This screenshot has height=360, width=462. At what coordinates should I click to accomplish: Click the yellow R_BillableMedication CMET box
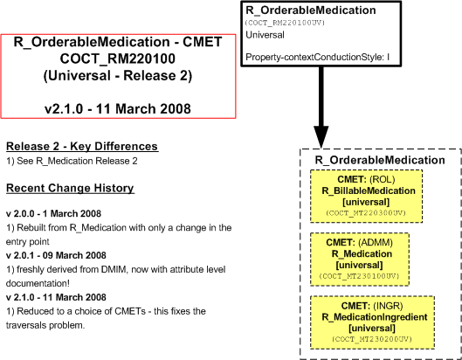click(x=366, y=196)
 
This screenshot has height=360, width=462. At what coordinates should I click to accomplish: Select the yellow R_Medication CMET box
click(x=360, y=260)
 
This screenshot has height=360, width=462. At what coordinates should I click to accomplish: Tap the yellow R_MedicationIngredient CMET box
click(x=372, y=322)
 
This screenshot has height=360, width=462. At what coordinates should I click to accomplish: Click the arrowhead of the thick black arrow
click(x=321, y=137)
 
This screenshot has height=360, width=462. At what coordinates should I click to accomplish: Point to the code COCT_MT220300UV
click(x=366, y=213)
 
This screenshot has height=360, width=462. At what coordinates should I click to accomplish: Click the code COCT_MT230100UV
click(x=360, y=276)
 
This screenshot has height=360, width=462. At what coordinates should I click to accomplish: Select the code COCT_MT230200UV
click(x=372, y=339)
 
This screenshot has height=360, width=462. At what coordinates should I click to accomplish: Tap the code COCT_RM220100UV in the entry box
click(x=285, y=23)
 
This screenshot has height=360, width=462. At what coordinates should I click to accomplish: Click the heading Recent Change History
click(x=70, y=188)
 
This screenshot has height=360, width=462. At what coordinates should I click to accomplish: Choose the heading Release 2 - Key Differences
click(x=82, y=146)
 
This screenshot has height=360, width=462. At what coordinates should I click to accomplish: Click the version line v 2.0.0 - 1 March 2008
click(x=53, y=213)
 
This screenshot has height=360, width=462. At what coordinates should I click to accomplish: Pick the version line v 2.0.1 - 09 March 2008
click(x=56, y=255)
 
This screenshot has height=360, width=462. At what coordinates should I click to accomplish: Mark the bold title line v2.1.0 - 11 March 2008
click(x=118, y=109)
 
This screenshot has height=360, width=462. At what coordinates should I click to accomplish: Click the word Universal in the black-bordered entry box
click(x=265, y=35)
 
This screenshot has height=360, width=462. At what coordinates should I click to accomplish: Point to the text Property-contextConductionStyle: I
click(x=318, y=57)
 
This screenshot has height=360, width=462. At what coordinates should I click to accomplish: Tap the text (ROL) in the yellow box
click(x=383, y=179)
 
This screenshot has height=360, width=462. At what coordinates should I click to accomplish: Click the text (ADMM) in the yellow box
click(x=376, y=243)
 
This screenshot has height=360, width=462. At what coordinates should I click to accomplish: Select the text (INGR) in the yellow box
click(x=388, y=306)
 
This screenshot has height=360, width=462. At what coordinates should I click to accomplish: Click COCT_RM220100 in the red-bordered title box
click(x=118, y=59)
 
